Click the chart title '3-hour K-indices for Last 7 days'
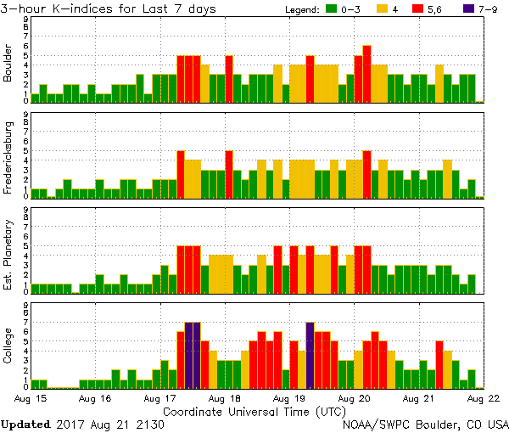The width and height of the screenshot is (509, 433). point(108,8)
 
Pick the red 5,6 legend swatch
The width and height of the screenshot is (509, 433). point(428,8)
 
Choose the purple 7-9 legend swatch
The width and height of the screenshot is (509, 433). point(472,8)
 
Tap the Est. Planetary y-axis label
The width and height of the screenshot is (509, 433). point(8,255)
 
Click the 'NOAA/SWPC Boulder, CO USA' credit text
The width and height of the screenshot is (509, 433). point(425,424)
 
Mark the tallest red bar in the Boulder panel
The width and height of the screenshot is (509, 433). point(366,75)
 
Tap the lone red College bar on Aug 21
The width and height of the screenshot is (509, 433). point(439,364)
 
